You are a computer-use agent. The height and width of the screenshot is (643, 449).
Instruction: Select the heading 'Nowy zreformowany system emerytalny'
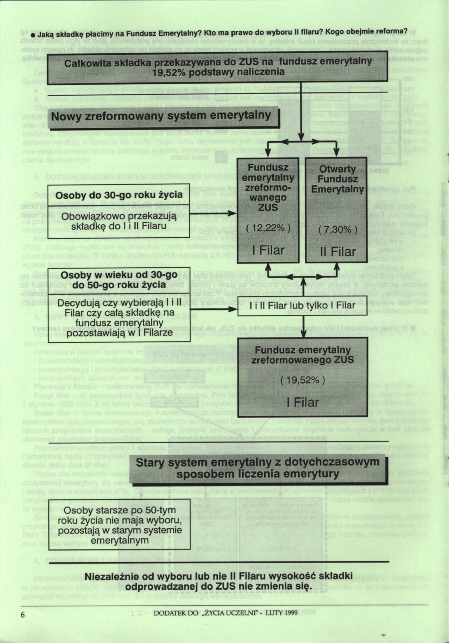click(x=161, y=115)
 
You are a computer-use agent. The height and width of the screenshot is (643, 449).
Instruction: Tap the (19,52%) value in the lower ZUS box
click(x=302, y=380)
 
